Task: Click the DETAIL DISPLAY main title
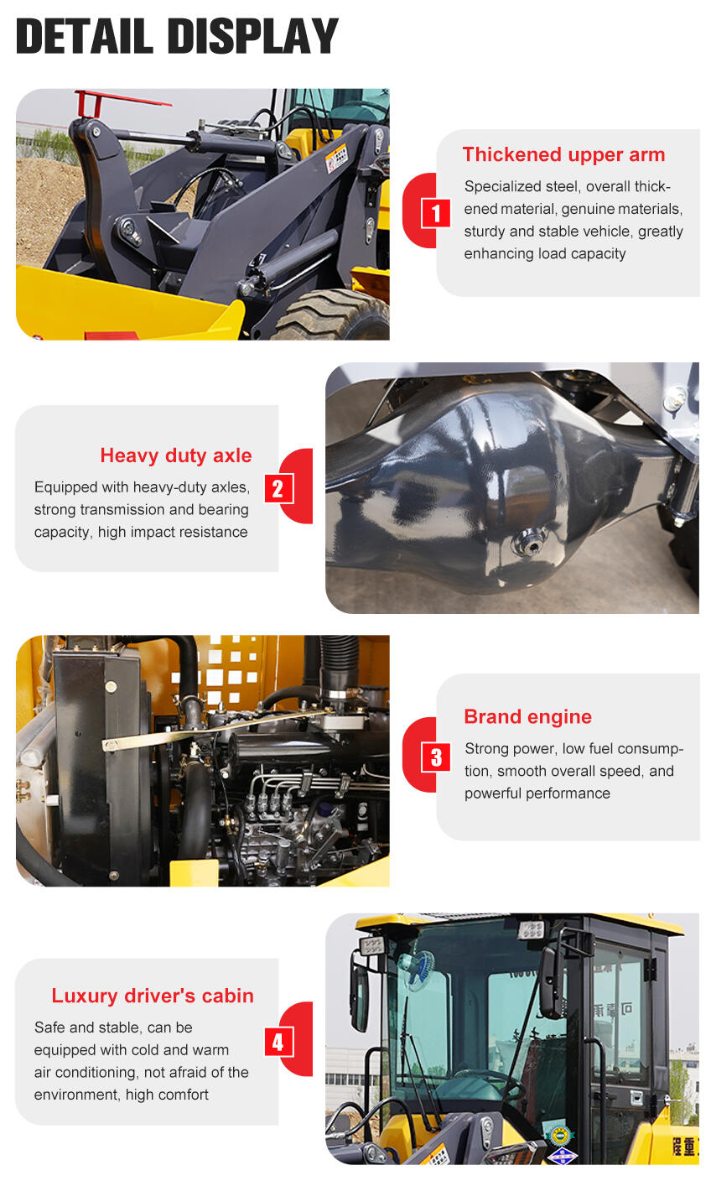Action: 177,37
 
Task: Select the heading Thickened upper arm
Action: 563,154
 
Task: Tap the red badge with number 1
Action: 435,213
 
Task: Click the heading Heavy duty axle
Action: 175,455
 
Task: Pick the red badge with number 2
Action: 278,488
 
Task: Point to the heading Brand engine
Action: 527,716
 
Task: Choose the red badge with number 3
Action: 435,757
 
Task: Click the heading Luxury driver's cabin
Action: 152,996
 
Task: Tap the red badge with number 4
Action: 278,1042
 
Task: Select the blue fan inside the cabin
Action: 418,970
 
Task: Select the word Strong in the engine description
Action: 486,748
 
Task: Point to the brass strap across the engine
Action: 210,730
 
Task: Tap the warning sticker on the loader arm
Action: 336,158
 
